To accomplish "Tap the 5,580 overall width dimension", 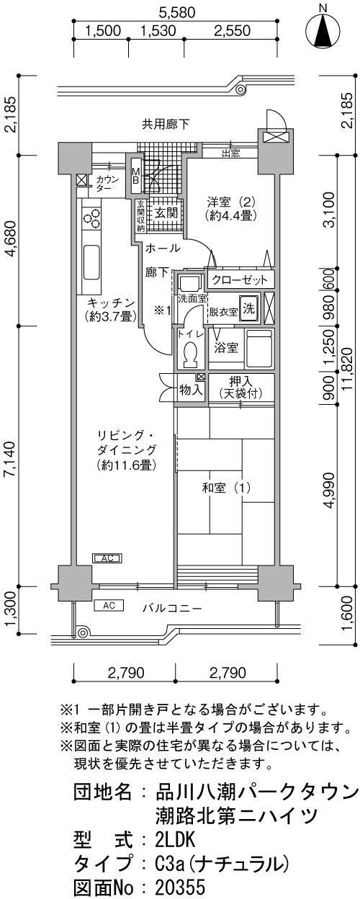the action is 177,13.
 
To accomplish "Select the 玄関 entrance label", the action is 166,213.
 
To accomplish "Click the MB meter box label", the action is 135,176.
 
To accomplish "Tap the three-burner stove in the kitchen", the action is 92,220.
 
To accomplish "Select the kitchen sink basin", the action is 92,262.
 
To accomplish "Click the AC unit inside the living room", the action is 107,558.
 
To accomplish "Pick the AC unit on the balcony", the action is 109,605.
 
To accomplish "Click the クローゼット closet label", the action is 239,279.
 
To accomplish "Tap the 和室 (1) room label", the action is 227,488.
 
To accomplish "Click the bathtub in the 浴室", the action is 260,348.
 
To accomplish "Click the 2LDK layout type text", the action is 175,838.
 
